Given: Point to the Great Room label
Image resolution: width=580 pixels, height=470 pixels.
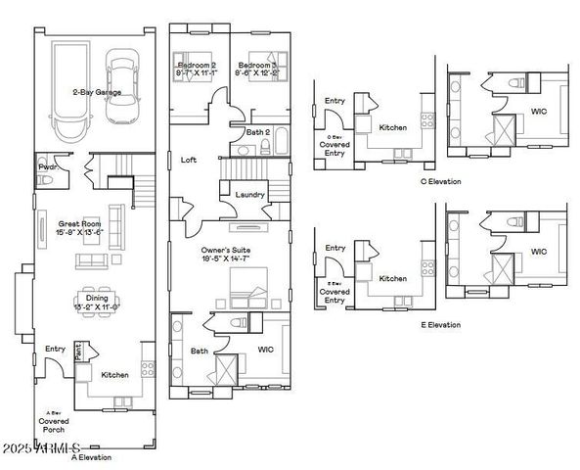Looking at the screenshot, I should pyautogui.click(x=61, y=223).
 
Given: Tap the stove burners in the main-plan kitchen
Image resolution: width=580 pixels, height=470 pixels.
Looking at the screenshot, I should pyautogui.click(x=147, y=369).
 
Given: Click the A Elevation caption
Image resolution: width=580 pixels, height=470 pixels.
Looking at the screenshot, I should pyautogui.click(x=92, y=457).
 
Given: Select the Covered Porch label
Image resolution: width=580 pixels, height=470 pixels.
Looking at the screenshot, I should pyautogui.click(x=54, y=426).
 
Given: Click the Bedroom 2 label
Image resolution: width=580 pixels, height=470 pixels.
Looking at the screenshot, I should pyautogui.click(x=197, y=64).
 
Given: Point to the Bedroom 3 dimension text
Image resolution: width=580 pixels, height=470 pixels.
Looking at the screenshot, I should pyautogui.click(x=260, y=72).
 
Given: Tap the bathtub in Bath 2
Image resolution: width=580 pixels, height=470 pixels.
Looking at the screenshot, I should pyautogui.click(x=275, y=147).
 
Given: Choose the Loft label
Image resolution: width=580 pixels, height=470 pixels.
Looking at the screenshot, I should pyautogui.click(x=190, y=159).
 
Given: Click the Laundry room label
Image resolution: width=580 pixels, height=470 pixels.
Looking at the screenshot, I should pyautogui.click(x=250, y=194).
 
